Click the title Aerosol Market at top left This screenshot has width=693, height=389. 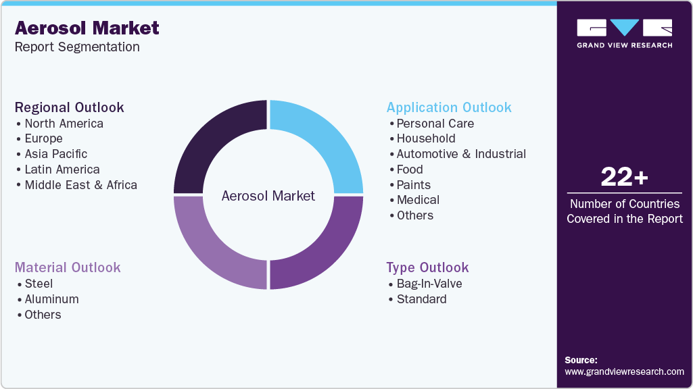click(87, 28)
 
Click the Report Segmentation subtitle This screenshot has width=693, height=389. click(77, 47)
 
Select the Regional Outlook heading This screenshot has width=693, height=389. click(70, 107)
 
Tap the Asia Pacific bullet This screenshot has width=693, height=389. click(56, 154)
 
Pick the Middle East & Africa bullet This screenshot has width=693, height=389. click(80, 185)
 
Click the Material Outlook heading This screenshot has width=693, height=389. click(68, 267)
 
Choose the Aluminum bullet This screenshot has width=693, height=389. click(51, 299)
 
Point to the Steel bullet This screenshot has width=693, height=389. click(39, 284)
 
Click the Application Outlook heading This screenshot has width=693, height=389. click(449, 107)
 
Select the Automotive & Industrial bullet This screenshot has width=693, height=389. click(461, 154)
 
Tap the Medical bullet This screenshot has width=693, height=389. click(418, 200)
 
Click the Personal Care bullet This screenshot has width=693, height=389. click(435, 124)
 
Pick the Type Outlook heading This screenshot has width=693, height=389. click(427, 267)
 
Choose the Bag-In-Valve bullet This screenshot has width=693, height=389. click(429, 284)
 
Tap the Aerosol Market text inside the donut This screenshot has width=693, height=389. click(268, 196)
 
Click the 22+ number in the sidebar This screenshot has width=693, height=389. click(624, 178)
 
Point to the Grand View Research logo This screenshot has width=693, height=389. click(624, 33)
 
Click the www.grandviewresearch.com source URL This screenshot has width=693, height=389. click(624, 371)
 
